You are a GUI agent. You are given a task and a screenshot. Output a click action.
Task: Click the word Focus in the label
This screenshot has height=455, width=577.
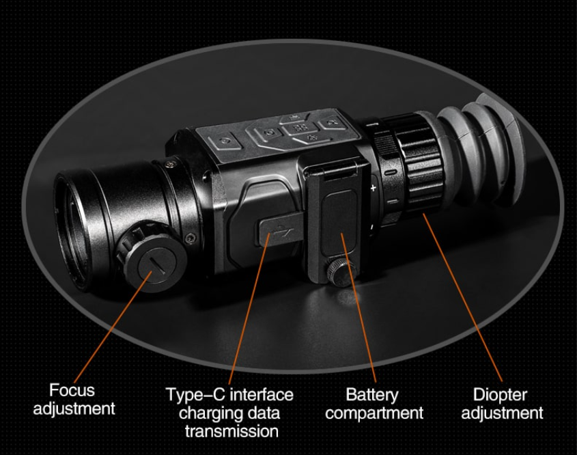coord(72,390)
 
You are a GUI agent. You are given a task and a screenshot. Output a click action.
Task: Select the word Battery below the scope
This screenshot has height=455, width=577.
coord(372,395)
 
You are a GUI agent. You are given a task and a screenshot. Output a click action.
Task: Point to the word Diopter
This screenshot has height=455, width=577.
coord(500,395)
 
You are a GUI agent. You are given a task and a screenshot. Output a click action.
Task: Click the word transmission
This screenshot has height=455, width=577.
coord(231,431)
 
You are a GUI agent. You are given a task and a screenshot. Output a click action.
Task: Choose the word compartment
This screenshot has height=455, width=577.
coord(374,413)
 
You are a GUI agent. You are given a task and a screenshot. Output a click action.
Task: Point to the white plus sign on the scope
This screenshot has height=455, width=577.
coord(373,188)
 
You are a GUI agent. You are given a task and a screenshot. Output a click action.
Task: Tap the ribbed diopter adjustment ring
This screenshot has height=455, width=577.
coord(419,162)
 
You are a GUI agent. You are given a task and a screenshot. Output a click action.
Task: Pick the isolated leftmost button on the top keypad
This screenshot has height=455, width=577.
coord(225,141)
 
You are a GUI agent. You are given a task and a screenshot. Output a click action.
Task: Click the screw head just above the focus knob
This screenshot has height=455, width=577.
coord(190,238)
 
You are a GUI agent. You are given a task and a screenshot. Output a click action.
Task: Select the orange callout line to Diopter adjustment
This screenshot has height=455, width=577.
coord(462,297)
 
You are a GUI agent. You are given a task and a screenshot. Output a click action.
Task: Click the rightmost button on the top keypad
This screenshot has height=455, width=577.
coord(333,123)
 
